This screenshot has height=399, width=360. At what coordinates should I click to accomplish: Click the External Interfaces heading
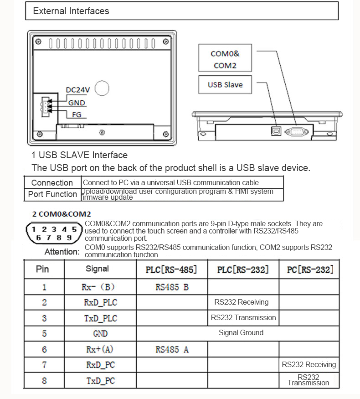pyautogui.click(x=71, y=11)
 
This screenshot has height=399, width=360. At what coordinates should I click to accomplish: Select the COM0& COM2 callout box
pyautogui.click(x=225, y=59)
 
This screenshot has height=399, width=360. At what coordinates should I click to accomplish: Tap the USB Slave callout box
pyautogui.click(x=225, y=85)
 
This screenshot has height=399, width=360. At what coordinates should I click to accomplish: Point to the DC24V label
pyautogui.click(x=78, y=90)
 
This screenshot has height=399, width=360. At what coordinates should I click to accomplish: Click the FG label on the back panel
pyautogui.click(x=77, y=114)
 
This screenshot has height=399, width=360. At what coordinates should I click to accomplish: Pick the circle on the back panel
pyautogui.click(x=102, y=88)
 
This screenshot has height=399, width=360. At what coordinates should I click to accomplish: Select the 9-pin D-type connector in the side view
pyautogui.click(x=297, y=132)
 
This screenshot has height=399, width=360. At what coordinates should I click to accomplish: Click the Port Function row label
pyautogui.click(x=52, y=194)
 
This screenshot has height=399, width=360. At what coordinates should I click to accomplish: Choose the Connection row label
pyautogui.click(x=52, y=182)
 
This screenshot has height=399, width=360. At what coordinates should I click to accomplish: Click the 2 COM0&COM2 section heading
pyautogui.click(x=62, y=213)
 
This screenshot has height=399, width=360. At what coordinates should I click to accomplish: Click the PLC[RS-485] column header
pyautogui.click(x=171, y=269)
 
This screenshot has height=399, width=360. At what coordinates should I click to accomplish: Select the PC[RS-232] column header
pyautogui.click(x=310, y=269)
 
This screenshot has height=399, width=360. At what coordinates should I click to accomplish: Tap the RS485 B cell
pyautogui.click(x=172, y=287)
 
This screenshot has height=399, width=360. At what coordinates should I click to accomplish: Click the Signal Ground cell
pyautogui.click(x=241, y=333)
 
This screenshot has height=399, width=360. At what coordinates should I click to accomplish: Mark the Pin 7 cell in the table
pyautogui.click(x=44, y=365)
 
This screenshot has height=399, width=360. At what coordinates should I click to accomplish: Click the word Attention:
pyautogui.click(x=62, y=252)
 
